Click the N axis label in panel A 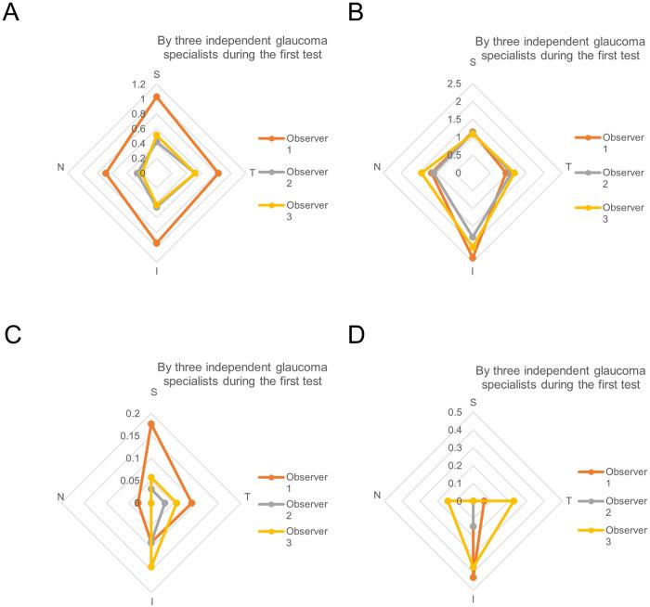(x=60, y=168)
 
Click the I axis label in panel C (x=152, y=601)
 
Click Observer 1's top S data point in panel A (x=156, y=97)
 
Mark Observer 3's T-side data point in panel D (x=513, y=501)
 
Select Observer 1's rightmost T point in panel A (x=218, y=174)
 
